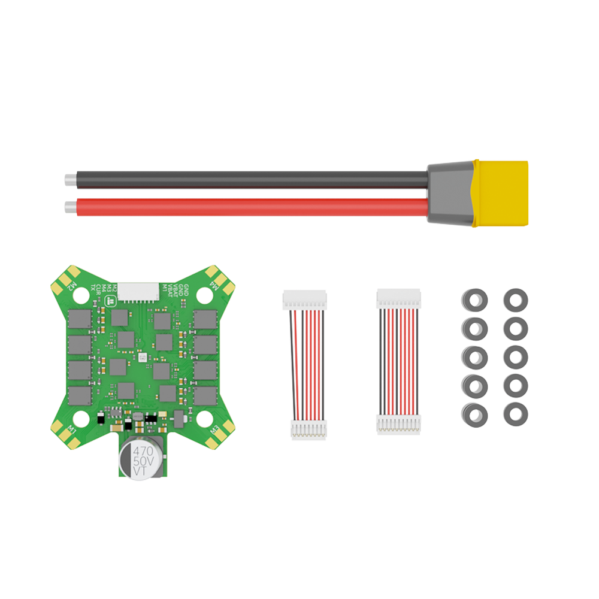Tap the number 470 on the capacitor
[x=143, y=450]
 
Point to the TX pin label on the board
[x=93, y=288]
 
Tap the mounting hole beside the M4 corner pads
[x=204, y=294]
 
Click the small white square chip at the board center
[x=143, y=358]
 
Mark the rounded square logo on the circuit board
[x=110, y=301]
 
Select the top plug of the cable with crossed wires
[x=305, y=299]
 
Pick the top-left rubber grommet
[x=476, y=299]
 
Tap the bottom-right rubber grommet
[x=515, y=414]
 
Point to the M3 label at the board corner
[x=212, y=431]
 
